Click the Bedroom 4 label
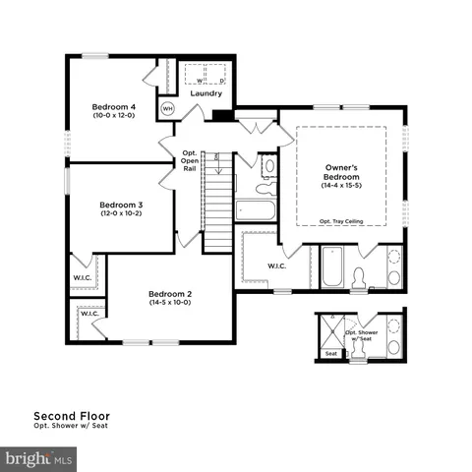113,106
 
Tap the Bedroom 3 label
121,204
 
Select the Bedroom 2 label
169,294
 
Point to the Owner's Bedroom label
341,172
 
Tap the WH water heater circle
167,108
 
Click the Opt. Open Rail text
191,161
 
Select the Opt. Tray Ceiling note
341,222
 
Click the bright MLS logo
39,458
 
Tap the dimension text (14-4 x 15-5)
341,186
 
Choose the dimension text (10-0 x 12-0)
113,116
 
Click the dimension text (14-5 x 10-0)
169,304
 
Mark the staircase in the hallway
218,202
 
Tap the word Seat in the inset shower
330,353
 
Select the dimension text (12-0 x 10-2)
121,213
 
